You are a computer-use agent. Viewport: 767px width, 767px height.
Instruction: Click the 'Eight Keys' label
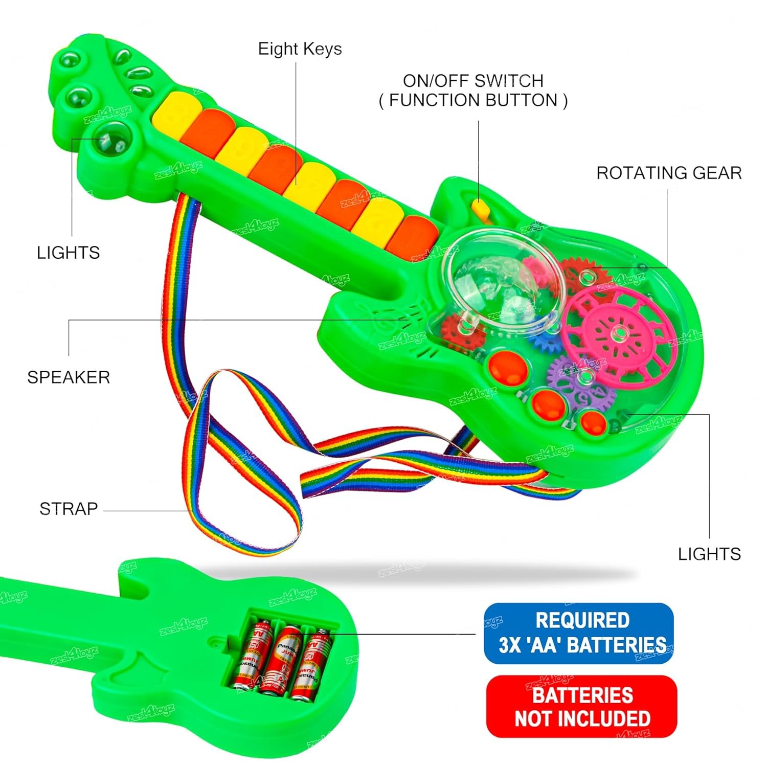[300, 49]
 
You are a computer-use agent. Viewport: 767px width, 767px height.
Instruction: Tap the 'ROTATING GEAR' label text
[669, 173]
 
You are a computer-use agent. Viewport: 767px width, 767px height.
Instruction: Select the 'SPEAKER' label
[69, 377]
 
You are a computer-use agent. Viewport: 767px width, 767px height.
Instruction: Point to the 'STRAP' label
[69, 509]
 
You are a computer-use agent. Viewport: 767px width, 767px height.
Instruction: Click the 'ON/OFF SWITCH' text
[473, 81]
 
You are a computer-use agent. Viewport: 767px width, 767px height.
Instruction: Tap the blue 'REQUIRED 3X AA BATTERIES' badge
[578, 633]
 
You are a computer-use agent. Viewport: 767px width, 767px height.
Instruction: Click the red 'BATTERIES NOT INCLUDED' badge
[581, 707]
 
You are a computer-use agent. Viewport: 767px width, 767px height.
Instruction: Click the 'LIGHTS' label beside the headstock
[68, 253]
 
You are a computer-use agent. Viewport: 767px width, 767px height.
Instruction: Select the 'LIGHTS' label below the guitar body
[709, 554]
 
